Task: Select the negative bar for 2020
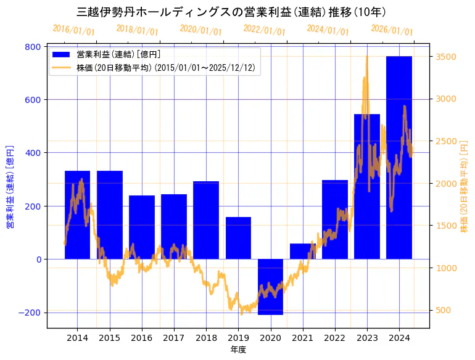270,287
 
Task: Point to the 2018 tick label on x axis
206,338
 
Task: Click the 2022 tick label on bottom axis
335,338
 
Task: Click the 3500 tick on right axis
446,57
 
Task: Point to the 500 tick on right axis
444,310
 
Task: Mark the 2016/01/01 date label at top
73,30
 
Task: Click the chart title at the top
231,12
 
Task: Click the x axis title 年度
238,350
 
